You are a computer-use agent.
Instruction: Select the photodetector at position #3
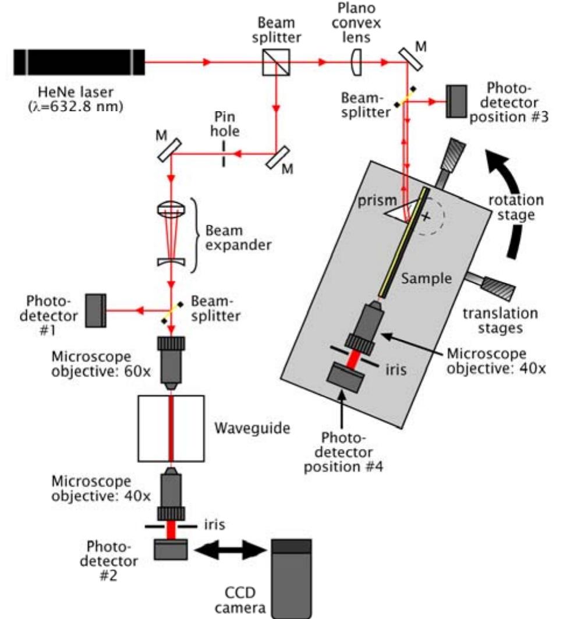[458, 101]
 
